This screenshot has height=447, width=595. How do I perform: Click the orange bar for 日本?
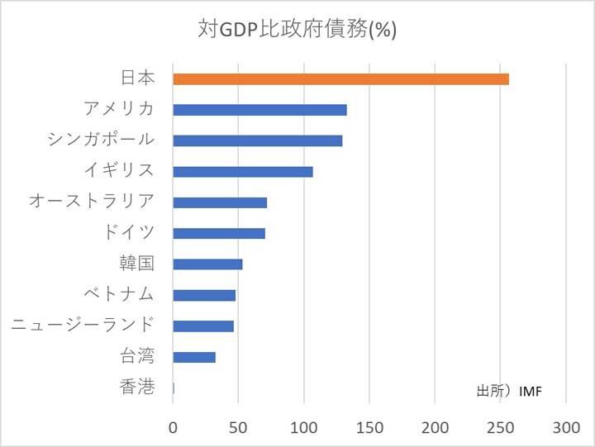pos(340,79)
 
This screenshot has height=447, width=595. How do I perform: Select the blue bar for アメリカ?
pos(259,110)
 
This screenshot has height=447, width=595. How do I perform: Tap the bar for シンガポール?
pos(257,140)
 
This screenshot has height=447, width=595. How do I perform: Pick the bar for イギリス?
pos(243,172)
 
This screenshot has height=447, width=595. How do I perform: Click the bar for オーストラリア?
pos(220,202)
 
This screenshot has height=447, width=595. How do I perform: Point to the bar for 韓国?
pos(207,264)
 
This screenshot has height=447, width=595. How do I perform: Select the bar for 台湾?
pos(194,357)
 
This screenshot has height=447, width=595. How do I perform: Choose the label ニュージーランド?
pos(82,325)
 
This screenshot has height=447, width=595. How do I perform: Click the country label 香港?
pos(136,387)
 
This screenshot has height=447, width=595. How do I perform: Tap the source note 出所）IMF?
pos(509,390)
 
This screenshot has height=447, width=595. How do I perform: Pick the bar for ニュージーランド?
pos(203,326)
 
